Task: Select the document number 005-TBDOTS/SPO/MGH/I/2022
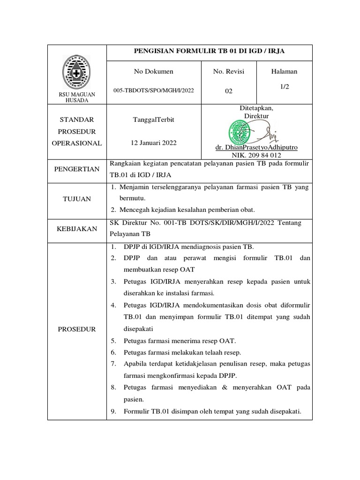[x=154, y=90]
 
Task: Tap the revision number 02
[x=228, y=91]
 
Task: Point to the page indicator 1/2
[x=285, y=87]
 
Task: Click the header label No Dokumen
[x=154, y=71]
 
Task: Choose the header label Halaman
[x=284, y=71]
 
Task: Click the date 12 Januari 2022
[x=154, y=143]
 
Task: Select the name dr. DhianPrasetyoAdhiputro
[x=256, y=147]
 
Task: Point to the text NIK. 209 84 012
[x=256, y=155]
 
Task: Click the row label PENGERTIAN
[x=77, y=169]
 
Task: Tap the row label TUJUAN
[x=77, y=199]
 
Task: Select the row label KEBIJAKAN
[x=77, y=229]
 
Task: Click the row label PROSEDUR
[x=77, y=329]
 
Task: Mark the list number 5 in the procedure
[x=113, y=341]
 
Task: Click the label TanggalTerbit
[x=154, y=120]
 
